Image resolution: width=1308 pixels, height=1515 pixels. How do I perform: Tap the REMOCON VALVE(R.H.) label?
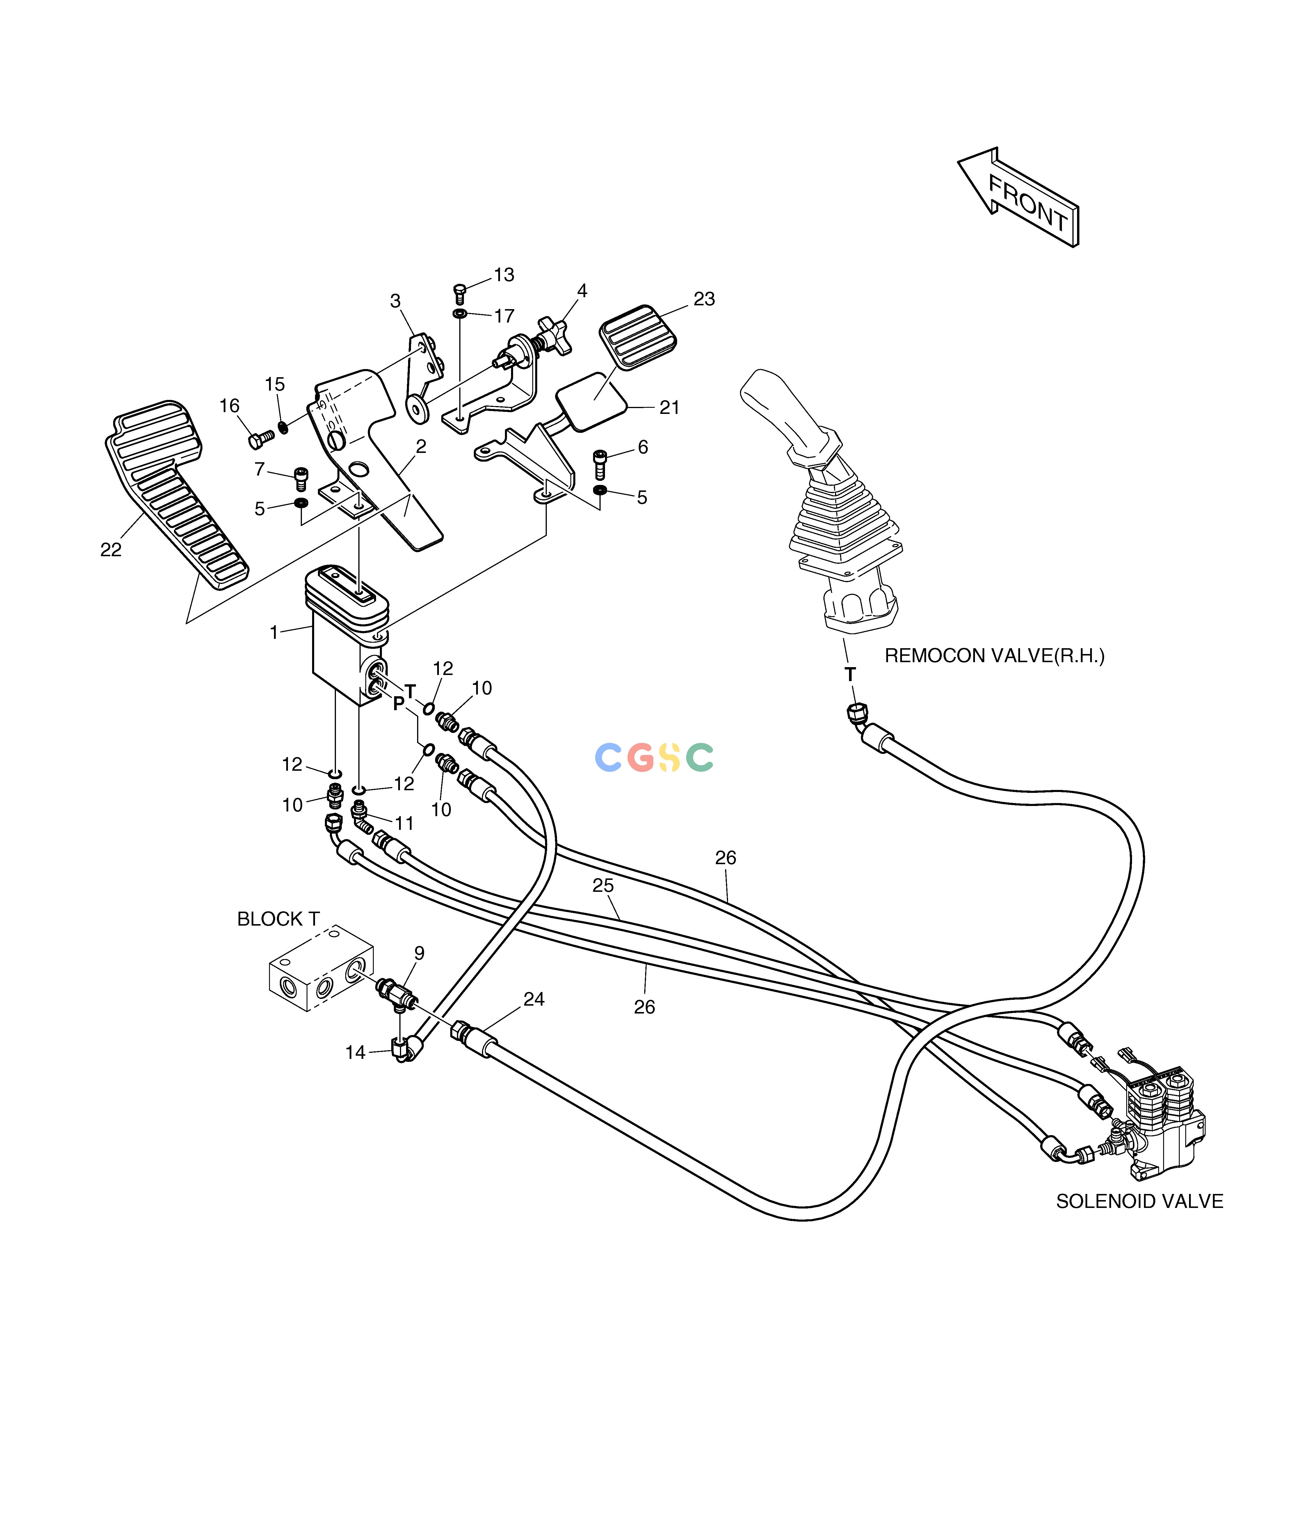(994, 656)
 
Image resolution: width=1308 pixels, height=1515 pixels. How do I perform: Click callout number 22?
(111, 550)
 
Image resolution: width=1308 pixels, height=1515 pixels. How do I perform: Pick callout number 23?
(704, 299)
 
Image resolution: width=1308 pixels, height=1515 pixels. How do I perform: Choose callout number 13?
(504, 275)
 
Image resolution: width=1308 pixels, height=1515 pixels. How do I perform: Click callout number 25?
(603, 885)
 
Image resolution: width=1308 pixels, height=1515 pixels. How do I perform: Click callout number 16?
(229, 406)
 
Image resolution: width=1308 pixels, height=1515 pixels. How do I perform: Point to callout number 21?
(669, 408)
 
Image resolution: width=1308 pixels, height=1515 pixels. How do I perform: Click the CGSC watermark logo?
(654, 757)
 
